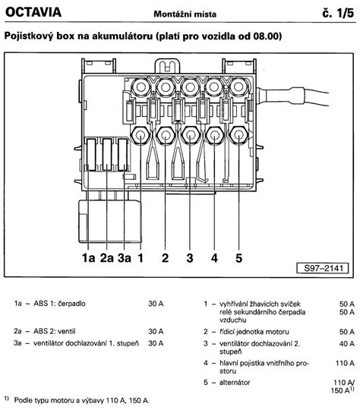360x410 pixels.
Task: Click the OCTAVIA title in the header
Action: (x=33, y=12)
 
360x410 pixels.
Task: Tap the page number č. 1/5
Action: (x=338, y=13)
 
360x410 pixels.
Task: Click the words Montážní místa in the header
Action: (x=185, y=14)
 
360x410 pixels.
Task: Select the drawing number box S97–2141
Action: (x=323, y=268)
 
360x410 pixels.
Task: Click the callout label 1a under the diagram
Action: (x=88, y=258)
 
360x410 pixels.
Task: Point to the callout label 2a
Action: (x=107, y=258)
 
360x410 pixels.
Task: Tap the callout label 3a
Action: (x=125, y=258)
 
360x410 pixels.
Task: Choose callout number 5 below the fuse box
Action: (x=239, y=258)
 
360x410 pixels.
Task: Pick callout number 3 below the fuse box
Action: (x=190, y=258)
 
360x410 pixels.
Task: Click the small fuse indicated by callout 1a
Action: (x=91, y=155)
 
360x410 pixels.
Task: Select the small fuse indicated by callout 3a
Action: (x=122, y=155)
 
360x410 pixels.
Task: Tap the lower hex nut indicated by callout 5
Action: (x=238, y=135)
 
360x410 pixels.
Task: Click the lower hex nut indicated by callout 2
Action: (x=166, y=135)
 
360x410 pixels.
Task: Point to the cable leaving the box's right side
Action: (x=292, y=96)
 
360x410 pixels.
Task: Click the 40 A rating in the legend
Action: (x=346, y=344)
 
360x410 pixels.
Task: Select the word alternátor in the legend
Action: (x=235, y=382)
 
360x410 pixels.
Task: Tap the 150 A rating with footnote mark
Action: (x=343, y=390)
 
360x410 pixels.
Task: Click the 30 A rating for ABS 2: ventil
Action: (x=156, y=331)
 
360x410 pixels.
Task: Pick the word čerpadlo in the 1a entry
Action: (x=71, y=304)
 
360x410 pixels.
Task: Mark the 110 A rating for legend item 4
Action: (x=345, y=363)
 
